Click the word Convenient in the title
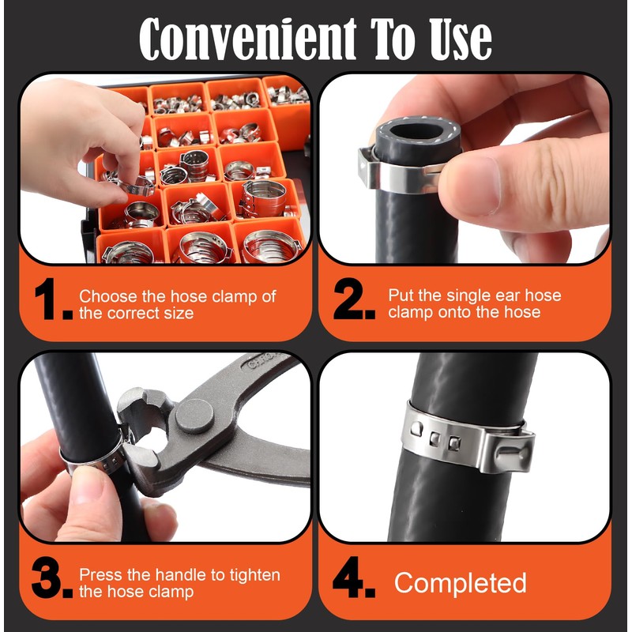pyautogui.click(x=247, y=39)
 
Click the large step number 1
pyautogui.click(x=54, y=299)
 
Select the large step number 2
pyautogui.click(x=354, y=299)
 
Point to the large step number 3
pyautogui.click(x=51, y=577)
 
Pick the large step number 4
pyautogui.click(x=353, y=577)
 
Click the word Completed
pyautogui.click(x=461, y=583)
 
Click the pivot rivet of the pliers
pyautogui.click(x=194, y=416)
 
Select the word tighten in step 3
pyautogui.click(x=254, y=576)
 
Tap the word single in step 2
pyautogui.click(x=468, y=296)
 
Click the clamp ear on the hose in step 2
pyautogui.click(x=368, y=167)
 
